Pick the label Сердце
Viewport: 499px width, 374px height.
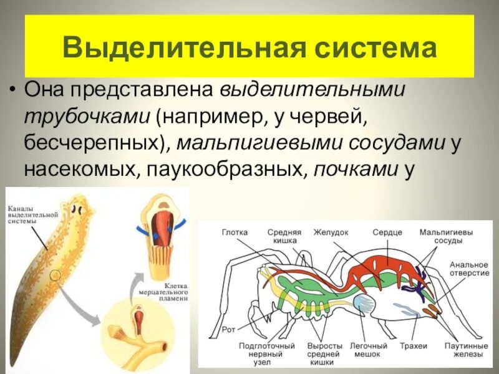387,233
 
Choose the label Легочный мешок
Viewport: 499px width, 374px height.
370,350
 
